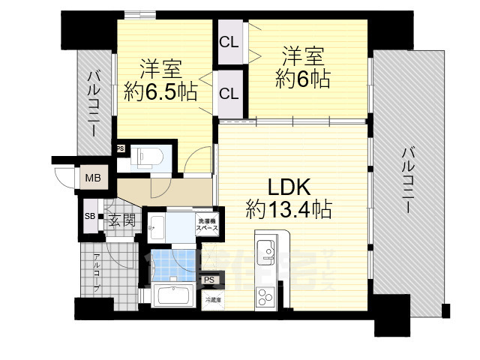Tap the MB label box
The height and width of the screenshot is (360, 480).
[x=93, y=178]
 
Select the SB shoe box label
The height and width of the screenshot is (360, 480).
[x=88, y=217]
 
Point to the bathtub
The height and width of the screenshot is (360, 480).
[x=175, y=295]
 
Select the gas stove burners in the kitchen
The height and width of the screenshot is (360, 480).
[x=265, y=295]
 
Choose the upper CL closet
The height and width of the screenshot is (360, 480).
[x=229, y=43]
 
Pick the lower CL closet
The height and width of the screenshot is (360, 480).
[x=229, y=93]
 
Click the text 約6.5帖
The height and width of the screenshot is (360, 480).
[x=161, y=92]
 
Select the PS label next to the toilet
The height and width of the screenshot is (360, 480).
[x=120, y=148]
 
